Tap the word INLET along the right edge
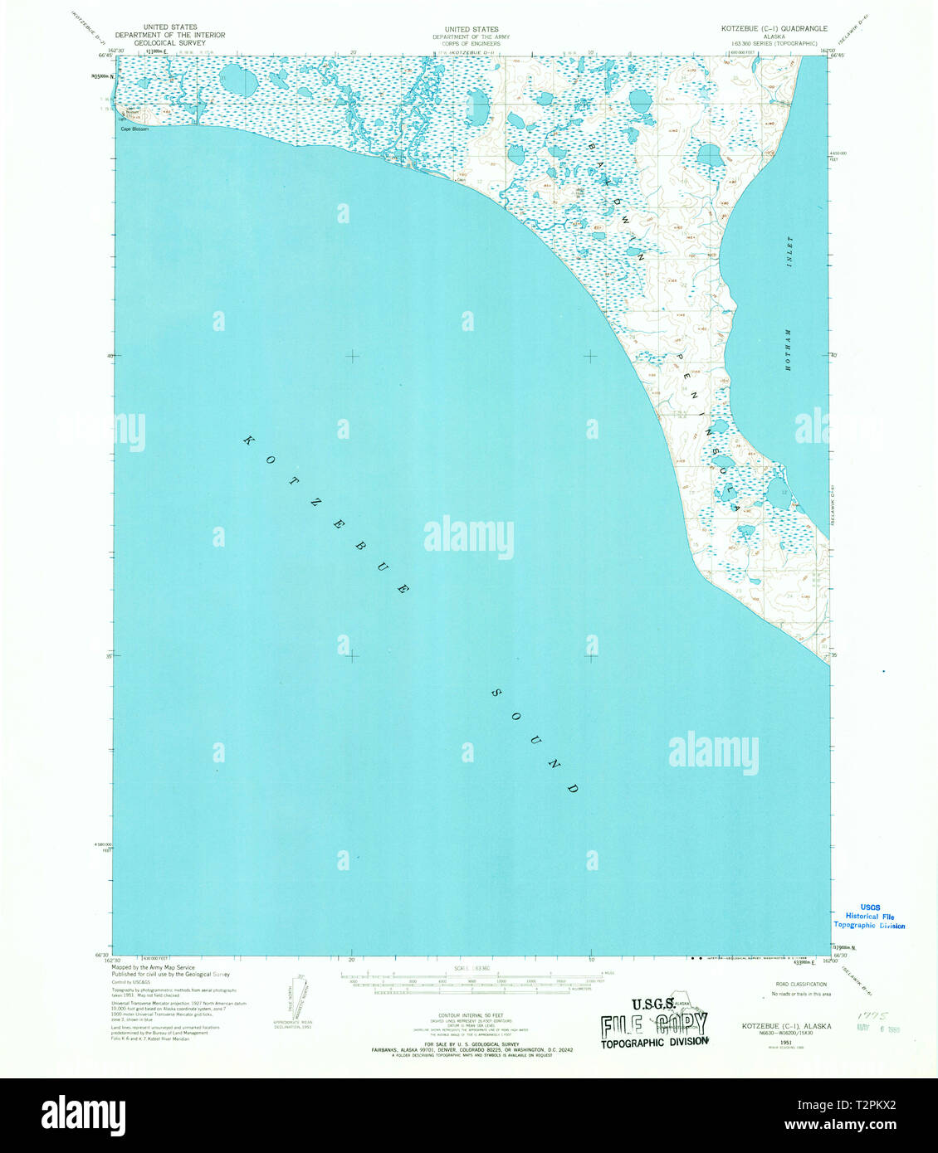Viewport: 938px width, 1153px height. click(790, 250)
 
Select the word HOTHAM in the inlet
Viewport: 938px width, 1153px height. click(789, 348)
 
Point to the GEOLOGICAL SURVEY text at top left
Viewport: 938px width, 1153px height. click(169, 43)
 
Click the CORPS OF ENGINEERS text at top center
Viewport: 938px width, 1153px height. click(471, 43)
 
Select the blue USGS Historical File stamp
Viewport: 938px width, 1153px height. click(869, 916)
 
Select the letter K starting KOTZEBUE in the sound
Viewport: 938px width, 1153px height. click(247, 440)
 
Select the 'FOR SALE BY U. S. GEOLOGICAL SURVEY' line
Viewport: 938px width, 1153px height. click(470, 1044)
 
